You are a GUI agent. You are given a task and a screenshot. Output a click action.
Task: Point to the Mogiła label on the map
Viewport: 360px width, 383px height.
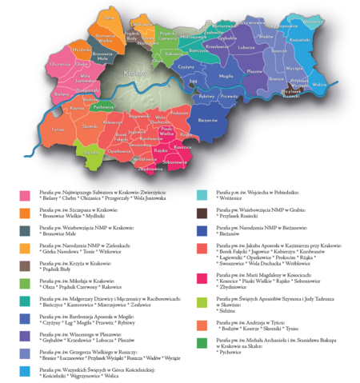(226, 74)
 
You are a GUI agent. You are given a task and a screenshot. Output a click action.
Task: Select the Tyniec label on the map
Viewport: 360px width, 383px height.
(57, 127)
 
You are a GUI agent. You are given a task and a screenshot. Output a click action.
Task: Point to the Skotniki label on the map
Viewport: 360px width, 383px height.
(89, 126)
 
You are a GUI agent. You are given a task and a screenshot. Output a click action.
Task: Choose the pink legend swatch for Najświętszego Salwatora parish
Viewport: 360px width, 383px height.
(26, 195)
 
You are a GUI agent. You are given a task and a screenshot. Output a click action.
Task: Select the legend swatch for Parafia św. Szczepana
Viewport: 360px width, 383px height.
(26, 213)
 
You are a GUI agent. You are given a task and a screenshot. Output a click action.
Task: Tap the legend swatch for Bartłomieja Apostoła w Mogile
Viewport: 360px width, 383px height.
(26, 317)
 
